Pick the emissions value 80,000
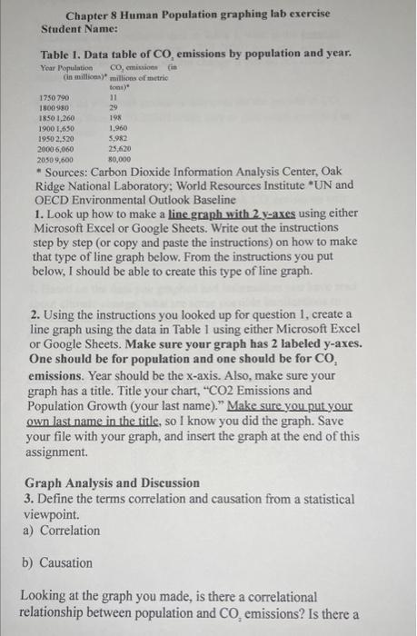(x=122, y=156)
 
